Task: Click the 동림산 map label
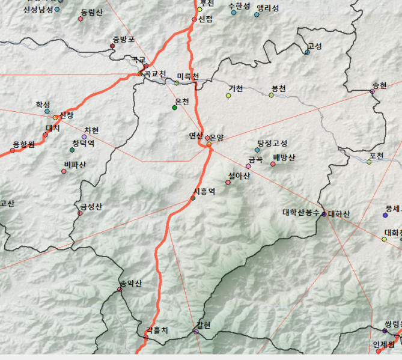tap(92, 12)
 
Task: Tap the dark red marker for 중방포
tap(112, 46)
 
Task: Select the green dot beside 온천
tap(175, 108)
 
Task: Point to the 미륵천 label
tap(187, 76)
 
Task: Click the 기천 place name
tap(236, 88)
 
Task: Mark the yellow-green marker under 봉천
tap(271, 95)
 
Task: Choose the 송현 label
tap(380, 85)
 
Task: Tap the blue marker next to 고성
tap(307, 52)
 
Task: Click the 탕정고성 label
tap(272, 143)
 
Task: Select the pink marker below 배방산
tap(273, 163)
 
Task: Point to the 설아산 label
tap(239, 175)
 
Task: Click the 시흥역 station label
tap(204, 191)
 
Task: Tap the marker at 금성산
tap(80, 213)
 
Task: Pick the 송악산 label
tap(130, 283)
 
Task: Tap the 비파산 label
tap(75, 165)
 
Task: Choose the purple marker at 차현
tap(85, 137)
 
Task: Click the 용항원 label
tap(23, 144)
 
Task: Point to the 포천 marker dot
tap(370, 162)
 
